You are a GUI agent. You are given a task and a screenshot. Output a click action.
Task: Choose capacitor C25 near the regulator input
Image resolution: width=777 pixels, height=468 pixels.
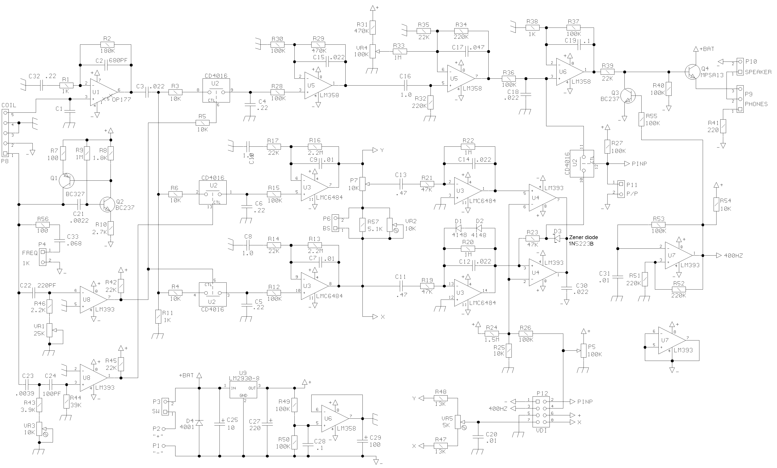coord(219,424)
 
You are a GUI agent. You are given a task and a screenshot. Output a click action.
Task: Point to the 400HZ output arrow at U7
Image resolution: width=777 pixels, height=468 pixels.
coord(719,255)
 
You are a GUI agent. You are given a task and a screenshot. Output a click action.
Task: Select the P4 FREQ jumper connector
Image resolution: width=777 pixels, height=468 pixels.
coord(42,257)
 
